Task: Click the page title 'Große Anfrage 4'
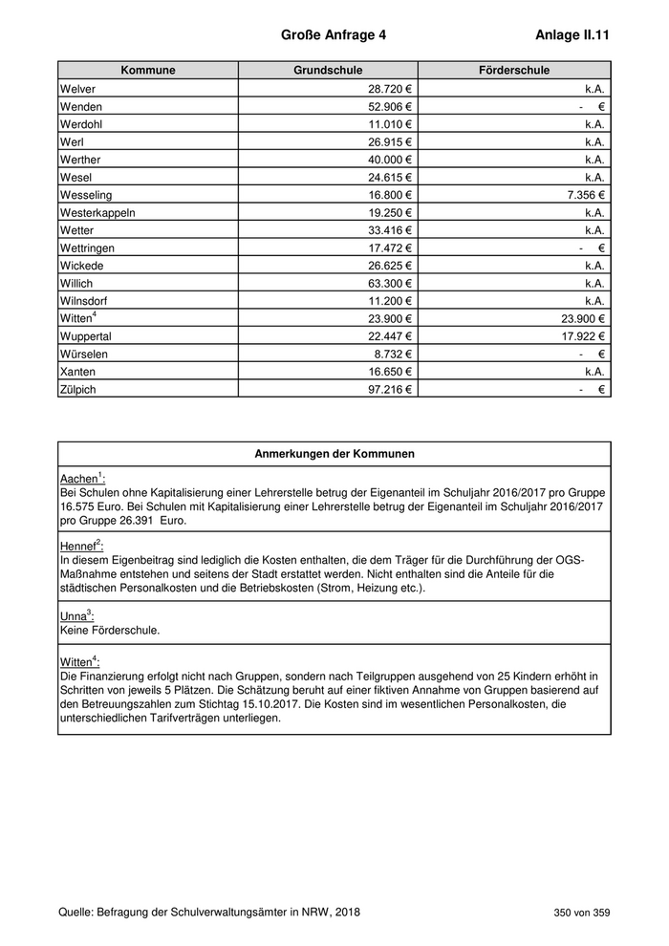coord(334,35)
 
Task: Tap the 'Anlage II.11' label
coord(573,35)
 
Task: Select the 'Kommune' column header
coord(148,71)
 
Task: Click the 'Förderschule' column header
coord(514,71)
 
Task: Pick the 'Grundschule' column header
coord(328,71)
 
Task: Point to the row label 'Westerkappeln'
coord(97,212)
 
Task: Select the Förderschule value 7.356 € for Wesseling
coord(582,195)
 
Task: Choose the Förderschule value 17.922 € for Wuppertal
coord(579,336)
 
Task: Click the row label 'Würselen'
coord(84,354)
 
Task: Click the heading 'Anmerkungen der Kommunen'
coord(334,454)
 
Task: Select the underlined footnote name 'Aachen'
coord(78,479)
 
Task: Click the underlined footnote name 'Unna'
coord(73,614)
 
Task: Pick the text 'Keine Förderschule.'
coord(109,631)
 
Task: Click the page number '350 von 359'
coord(581,913)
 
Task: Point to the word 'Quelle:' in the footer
coord(76,913)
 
